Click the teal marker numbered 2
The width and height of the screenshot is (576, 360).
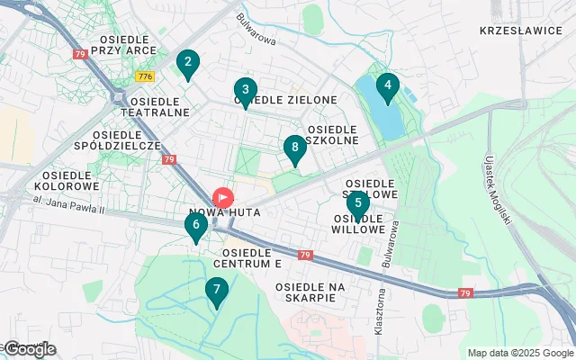coord(187,63)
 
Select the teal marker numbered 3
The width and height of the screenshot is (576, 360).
coord(245,90)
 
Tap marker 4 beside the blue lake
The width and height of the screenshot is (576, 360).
coord(387,87)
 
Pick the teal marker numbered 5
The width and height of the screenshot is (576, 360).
coord(357,204)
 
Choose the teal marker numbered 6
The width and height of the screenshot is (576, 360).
coord(195,226)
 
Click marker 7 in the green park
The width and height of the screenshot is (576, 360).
coord(215,291)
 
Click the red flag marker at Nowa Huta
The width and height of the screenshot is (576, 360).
coord(221,197)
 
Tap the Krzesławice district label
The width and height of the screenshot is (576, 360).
coord(519,30)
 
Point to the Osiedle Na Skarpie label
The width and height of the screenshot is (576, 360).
coord(311,292)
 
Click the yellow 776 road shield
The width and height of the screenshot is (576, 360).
coord(145,76)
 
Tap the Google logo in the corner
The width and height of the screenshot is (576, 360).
coord(29,349)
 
